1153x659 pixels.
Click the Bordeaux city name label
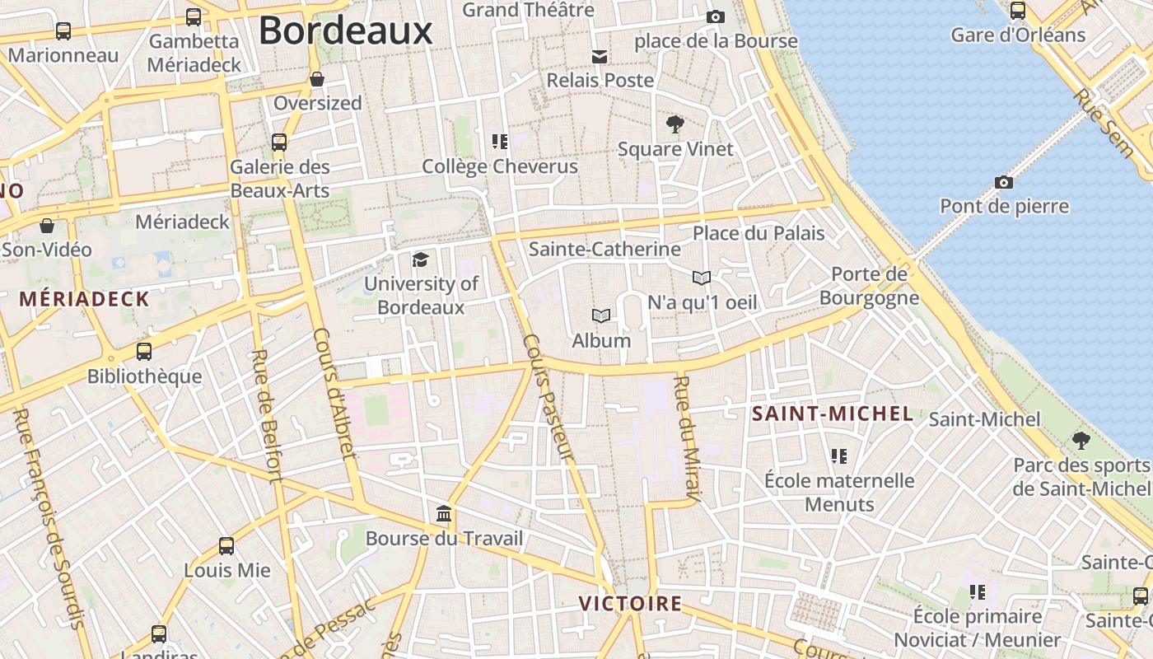pos(345,31)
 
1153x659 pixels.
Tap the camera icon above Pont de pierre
pos(1003,182)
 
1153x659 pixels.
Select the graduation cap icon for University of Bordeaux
pos(421,260)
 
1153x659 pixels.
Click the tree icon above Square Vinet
pos(675,125)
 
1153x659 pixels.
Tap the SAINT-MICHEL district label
pos(833,414)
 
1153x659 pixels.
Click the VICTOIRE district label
pos(630,604)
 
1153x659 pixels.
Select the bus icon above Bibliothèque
pos(144,352)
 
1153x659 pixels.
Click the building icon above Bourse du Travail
pos(444,514)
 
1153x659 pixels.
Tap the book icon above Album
pos(601,315)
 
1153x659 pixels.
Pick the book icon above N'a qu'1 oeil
pos(701,278)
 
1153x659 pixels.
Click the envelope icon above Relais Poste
pos(600,56)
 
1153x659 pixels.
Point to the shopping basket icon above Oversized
pos(317,79)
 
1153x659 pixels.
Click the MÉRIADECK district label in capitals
pos(85,298)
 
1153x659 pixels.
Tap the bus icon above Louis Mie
pos(226,545)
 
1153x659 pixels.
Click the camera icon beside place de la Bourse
pos(715,16)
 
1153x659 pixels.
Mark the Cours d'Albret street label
pos(334,393)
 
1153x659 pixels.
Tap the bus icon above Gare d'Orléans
pos(1018,11)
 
